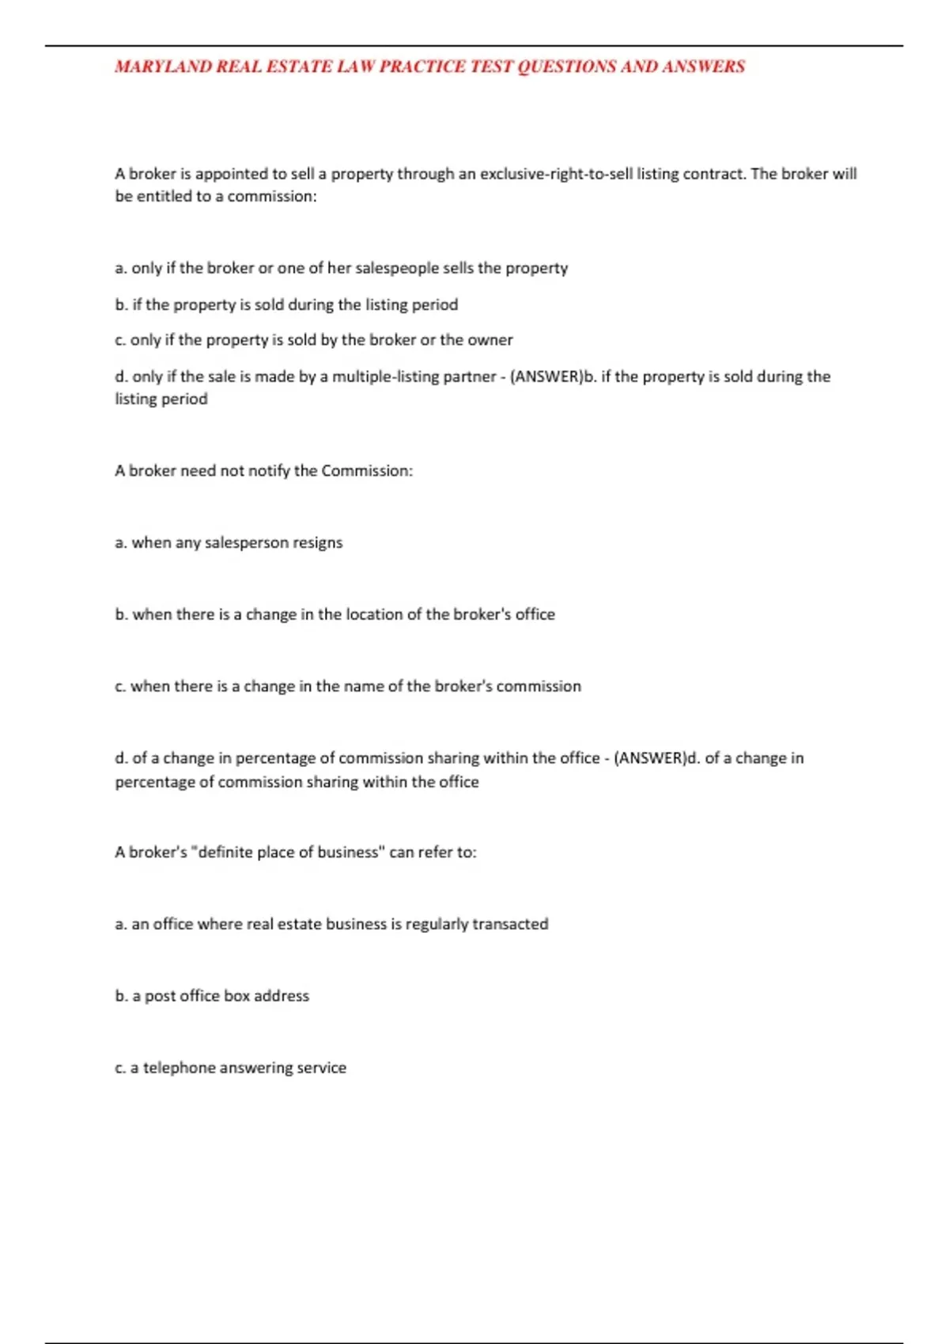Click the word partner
click(470, 376)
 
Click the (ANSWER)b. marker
click(554, 376)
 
